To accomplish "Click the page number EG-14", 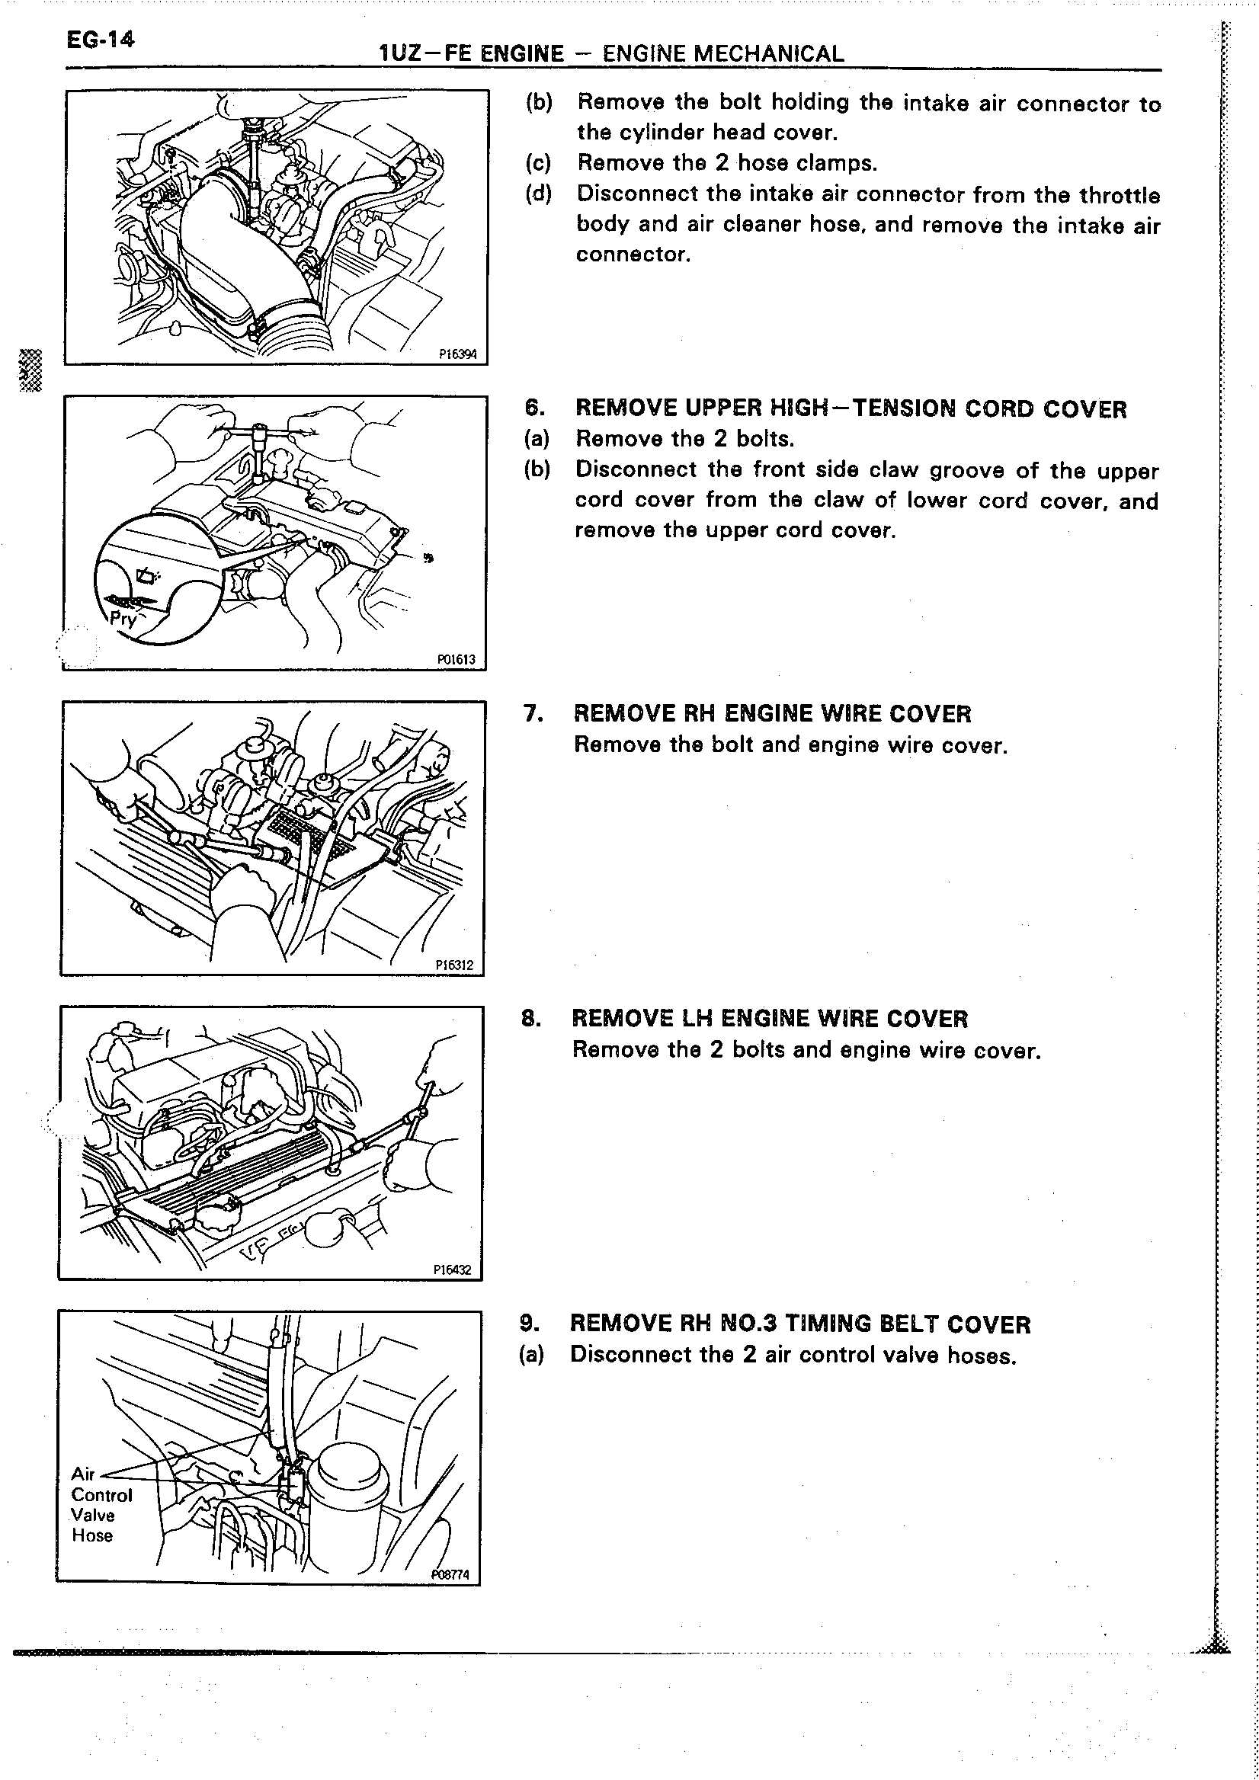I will click(100, 38).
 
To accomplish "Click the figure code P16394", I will click(457, 354).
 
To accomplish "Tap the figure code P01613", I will click(456, 660).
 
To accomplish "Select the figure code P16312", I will click(454, 965).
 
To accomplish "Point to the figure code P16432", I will click(453, 1270).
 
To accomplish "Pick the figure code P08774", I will click(450, 1574).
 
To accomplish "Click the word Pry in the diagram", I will click(123, 619).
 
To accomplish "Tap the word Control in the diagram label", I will click(101, 1495).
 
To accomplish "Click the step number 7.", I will click(533, 713).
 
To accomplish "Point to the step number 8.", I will click(531, 1018).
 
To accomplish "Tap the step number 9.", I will click(530, 1324).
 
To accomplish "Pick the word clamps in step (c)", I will click(843, 164).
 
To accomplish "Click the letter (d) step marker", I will click(537, 194).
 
